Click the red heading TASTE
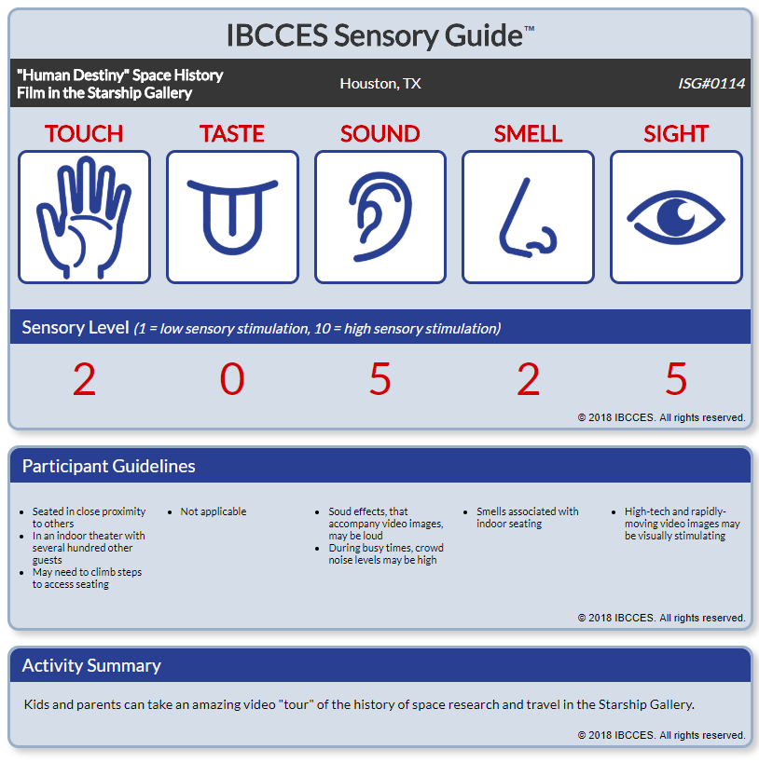click(x=232, y=134)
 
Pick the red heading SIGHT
click(x=676, y=134)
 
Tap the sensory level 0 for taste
click(x=232, y=378)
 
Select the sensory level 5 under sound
click(x=380, y=378)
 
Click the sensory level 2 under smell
click(x=528, y=378)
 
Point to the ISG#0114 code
click(x=711, y=84)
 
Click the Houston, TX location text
click(x=380, y=84)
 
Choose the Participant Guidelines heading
click(x=109, y=466)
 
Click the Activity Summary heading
click(x=91, y=665)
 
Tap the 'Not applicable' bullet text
click(x=214, y=511)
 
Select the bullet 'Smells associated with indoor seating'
click(x=528, y=517)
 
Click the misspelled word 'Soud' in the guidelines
click(x=339, y=511)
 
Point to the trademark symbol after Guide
click(x=529, y=28)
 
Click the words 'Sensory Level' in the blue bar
click(x=76, y=328)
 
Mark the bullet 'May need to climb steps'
click(x=88, y=579)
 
